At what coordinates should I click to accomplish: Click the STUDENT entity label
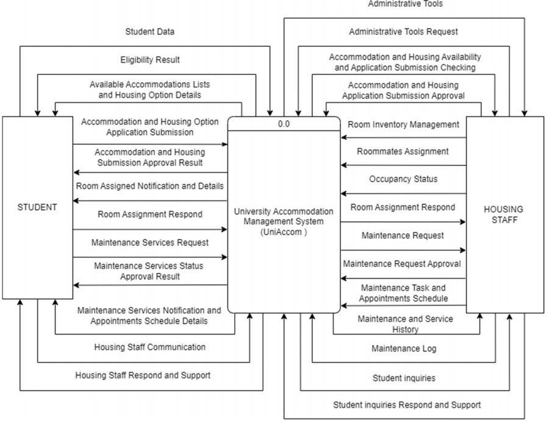(37, 207)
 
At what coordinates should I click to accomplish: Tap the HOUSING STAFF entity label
(504, 214)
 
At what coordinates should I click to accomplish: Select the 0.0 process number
(284, 123)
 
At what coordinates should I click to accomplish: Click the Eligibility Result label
(149, 60)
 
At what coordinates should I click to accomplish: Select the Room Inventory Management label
(403, 124)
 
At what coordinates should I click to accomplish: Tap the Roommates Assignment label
(403, 151)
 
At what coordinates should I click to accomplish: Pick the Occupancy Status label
(403, 179)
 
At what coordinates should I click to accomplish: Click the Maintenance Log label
(404, 349)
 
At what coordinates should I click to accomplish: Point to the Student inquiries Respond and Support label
(407, 405)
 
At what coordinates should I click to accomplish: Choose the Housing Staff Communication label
(149, 347)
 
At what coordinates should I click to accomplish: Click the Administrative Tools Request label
(403, 32)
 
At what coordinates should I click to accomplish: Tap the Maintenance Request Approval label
(402, 264)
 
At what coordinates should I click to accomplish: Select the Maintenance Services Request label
(149, 242)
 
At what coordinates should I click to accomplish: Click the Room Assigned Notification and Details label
(149, 185)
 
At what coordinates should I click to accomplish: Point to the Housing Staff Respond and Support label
(143, 375)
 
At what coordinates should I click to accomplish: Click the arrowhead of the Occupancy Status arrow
(344, 194)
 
